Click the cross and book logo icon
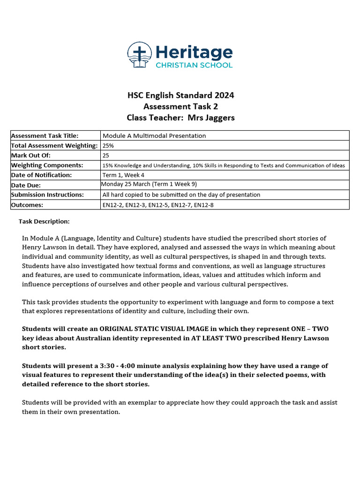tap(140, 55)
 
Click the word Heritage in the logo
tap(194, 52)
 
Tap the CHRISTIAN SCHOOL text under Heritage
tap(194, 65)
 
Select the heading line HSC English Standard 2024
tap(180, 96)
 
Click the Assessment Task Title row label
tap(45, 135)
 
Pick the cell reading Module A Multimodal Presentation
tap(154, 135)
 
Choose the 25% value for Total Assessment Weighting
tap(108, 146)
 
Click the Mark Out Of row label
tap(30, 155)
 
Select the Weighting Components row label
tap(47, 165)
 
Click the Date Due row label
tap(26, 185)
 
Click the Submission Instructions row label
tap(47, 195)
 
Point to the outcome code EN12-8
tap(204, 204)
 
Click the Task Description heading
tap(44, 221)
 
